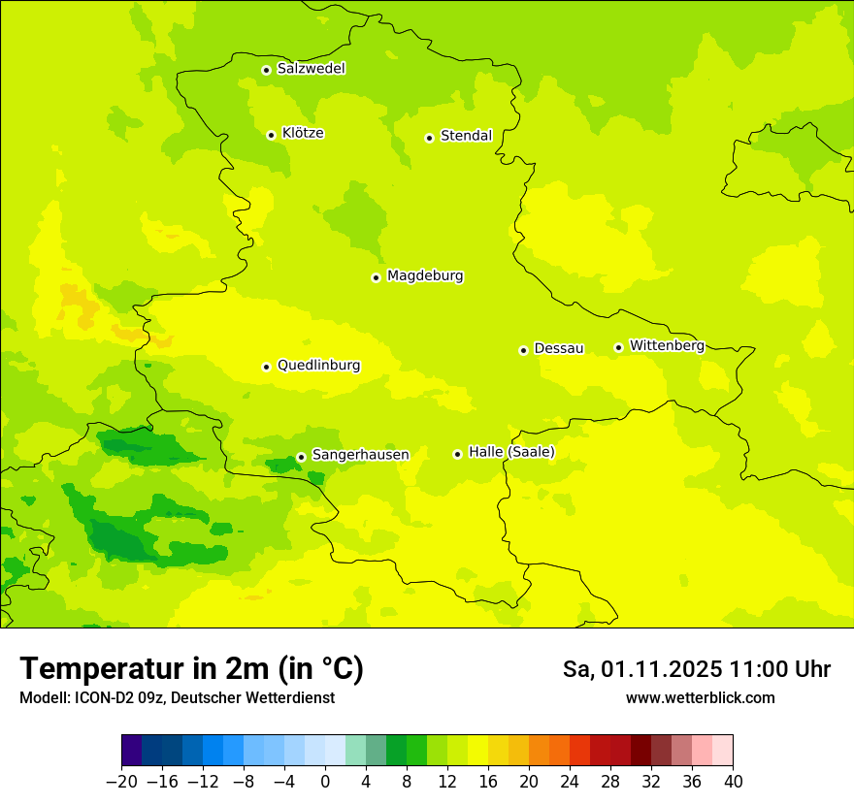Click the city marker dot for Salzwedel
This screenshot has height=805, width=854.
click(x=266, y=70)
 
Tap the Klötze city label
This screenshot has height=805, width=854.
click(x=303, y=133)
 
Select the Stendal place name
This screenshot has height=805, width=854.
click(x=466, y=136)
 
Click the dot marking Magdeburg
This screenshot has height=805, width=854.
click(x=376, y=277)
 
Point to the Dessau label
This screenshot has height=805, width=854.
click(x=559, y=348)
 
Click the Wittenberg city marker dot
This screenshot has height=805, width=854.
click(x=618, y=347)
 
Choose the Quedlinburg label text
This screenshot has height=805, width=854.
click(x=318, y=366)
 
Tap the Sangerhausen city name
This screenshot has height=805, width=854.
click(x=360, y=455)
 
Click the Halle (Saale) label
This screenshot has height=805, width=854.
click(x=511, y=452)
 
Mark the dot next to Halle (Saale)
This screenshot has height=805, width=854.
click(x=457, y=454)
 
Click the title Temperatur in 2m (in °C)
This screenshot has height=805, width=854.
click(x=191, y=669)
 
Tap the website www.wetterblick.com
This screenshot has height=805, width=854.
click(x=700, y=698)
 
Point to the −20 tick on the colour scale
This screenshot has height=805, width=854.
click(x=121, y=782)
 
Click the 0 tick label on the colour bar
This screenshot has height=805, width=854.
click(x=325, y=782)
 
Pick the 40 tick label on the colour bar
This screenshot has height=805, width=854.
click(x=733, y=782)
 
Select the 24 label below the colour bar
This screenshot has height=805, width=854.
click(x=570, y=782)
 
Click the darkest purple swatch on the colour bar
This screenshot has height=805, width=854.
click(x=131, y=751)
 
